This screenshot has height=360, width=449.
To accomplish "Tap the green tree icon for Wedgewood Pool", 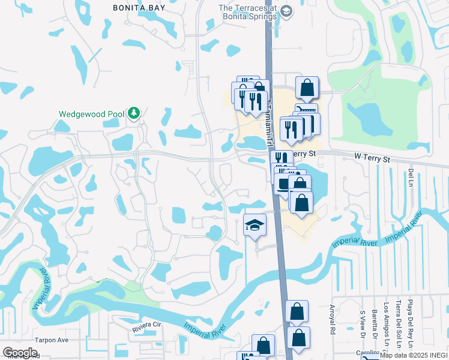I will point(136,113).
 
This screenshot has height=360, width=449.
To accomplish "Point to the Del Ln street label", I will point(411,176).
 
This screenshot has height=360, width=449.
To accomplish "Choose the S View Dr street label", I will point(362,323).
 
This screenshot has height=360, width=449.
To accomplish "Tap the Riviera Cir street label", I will point(148,325).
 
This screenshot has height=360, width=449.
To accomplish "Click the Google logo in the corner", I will point(20,353).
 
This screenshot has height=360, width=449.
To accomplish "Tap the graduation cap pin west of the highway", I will point(255,226).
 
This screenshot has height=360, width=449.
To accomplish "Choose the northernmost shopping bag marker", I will point(307,88).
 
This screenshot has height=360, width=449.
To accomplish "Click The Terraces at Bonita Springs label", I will point(247,12).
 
